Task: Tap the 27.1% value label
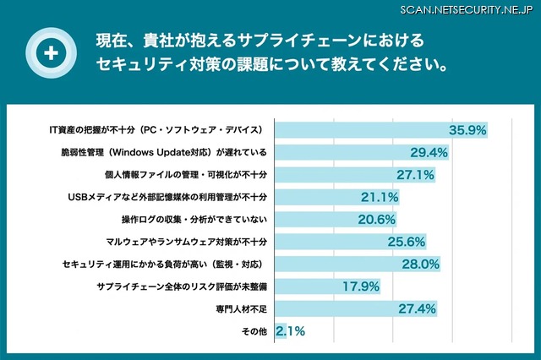tap(415, 175)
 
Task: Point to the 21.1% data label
tap(380, 197)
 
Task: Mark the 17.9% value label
tap(359, 286)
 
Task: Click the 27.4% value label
tap(416, 309)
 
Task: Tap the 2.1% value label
tap(291, 331)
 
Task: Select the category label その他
tap(254, 331)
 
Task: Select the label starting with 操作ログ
tap(194, 220)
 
